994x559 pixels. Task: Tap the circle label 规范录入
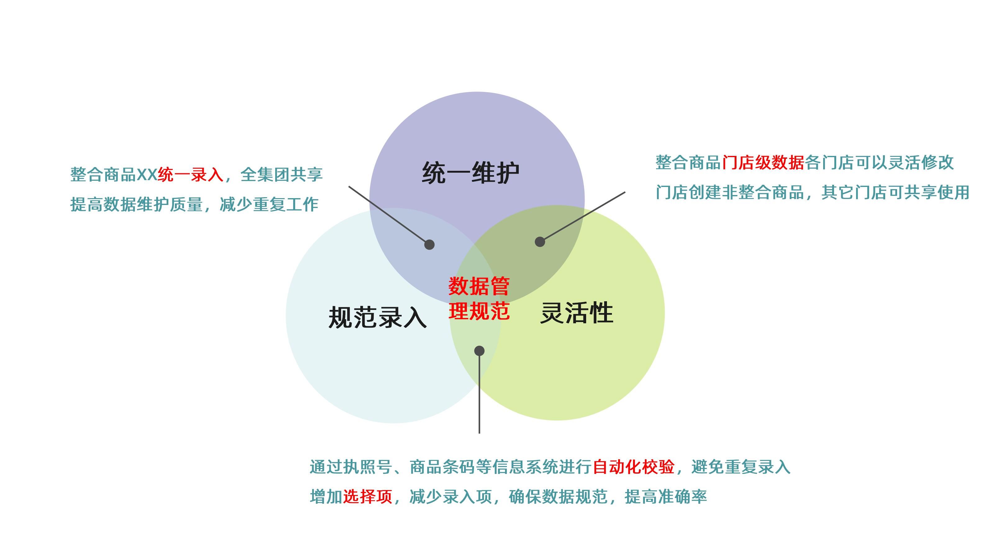click(377, 317)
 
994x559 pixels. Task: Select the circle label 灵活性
click(577, 312)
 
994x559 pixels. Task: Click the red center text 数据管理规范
click(479, 298)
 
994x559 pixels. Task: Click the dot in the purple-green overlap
click(540, 242)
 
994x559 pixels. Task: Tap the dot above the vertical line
click(479, 351)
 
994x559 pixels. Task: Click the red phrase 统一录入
click(191, 175)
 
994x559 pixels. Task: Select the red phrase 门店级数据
click(763, 163)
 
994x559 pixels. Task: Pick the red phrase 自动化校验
click(633, 467)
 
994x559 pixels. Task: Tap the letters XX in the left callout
click(147, 175)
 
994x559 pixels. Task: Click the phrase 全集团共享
click(281, 175)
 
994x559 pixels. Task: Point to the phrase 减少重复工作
click(269, 204)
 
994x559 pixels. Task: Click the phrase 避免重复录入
click(741, 467)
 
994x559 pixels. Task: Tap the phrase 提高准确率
click(666, 497)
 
